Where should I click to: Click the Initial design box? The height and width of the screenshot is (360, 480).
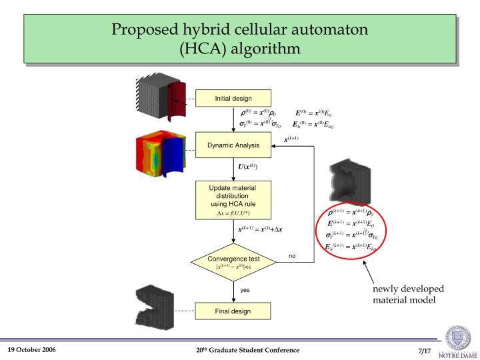233,99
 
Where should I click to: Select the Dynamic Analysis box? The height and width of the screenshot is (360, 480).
233,145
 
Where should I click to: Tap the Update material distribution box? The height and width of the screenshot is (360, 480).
233,200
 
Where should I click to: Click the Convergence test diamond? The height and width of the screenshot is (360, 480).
233,262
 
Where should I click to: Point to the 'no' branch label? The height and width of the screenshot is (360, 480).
292,256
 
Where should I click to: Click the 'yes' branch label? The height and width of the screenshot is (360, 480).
245,290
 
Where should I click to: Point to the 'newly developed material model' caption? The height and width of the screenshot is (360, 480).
407,293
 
